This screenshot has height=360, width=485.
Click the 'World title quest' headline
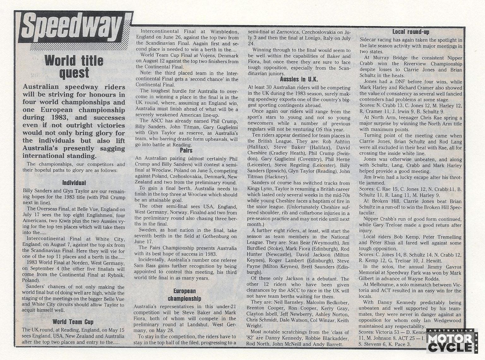tap(74, 67)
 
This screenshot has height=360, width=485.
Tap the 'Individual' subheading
tap(74, 183)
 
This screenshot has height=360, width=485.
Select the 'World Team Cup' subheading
tap(73, 322)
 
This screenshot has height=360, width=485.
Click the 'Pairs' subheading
tap(186, 151)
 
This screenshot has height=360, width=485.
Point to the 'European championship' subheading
tap(184, 295)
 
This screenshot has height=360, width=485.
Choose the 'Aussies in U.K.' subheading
tap(299, 79)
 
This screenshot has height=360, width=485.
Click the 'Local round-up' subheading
tap(410, 32)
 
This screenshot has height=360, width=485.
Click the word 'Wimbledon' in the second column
tap(223, 32)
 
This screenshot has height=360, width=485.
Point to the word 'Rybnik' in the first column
tap(115, 275)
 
